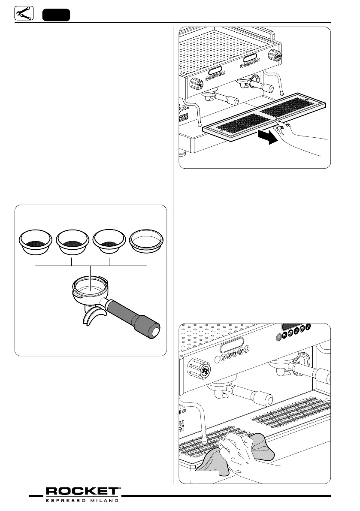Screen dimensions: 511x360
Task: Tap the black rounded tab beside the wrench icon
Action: tap(56, 14)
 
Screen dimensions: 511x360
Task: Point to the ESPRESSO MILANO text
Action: tap(82, 500)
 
